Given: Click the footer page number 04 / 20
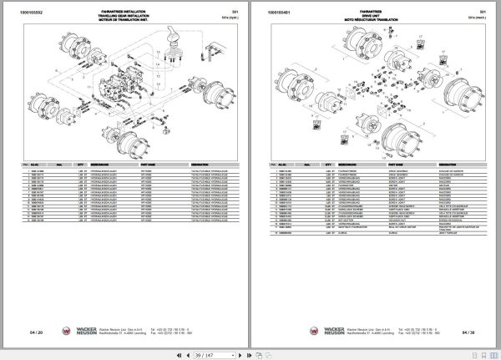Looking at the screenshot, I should (x=35, y=332).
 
